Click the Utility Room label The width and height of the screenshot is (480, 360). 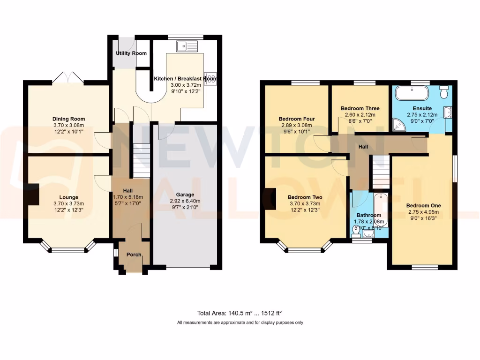click(131, 53)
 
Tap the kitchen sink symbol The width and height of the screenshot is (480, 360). click(187, 46)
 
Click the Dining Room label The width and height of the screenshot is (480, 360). click(68, 119)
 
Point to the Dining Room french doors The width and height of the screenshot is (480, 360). click(68, 78)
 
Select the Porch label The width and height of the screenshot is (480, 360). click(134, 255)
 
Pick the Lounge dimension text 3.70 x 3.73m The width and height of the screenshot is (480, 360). click(68, 203)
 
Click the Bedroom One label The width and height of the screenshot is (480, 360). click(423, 205)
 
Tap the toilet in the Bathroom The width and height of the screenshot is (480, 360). click(356, 229)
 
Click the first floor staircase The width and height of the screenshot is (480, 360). click(381, 172)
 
